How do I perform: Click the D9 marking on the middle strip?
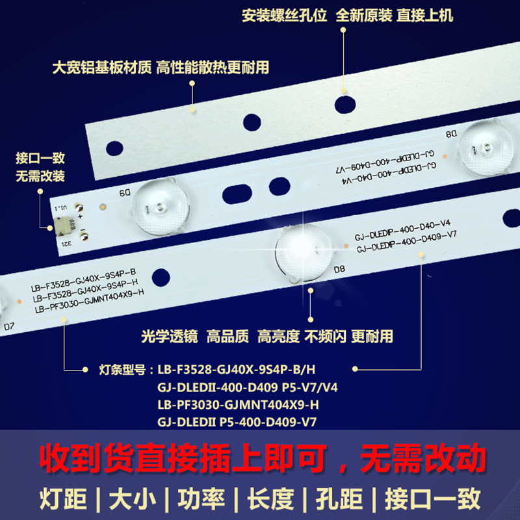[x=124, y=193]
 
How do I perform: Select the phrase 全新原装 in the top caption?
[x=364, y=16]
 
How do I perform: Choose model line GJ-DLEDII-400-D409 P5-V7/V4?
[x=247, y=388]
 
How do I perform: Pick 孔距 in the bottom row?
[x=344, y=499]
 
